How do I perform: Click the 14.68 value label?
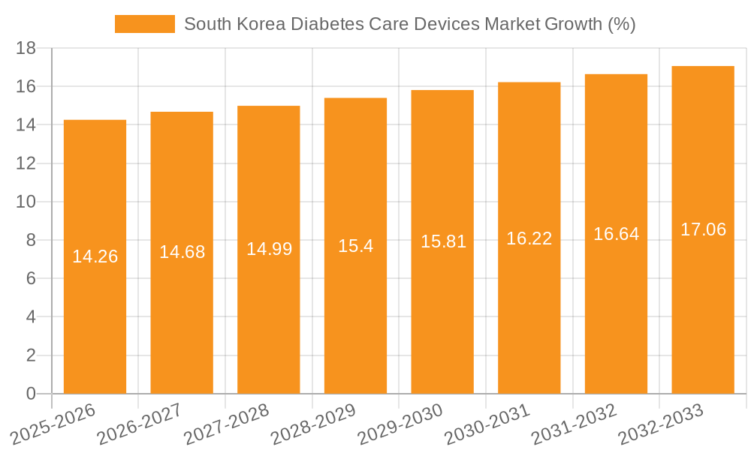click(x=182, y=252)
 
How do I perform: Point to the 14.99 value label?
click(x=269, y=249)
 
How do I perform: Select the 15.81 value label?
click(x=443, y=241)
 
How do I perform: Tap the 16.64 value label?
click(x=616, y=234)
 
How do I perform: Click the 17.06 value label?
click(x=703, y=229)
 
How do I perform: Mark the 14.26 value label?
click(x=95, y=256)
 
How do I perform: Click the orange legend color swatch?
click(x=144, y=24)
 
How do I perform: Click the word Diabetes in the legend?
click(x=326, y=24)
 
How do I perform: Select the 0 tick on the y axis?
click(x=31, y=394)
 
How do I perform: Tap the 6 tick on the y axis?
click(x=31, y=279)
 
